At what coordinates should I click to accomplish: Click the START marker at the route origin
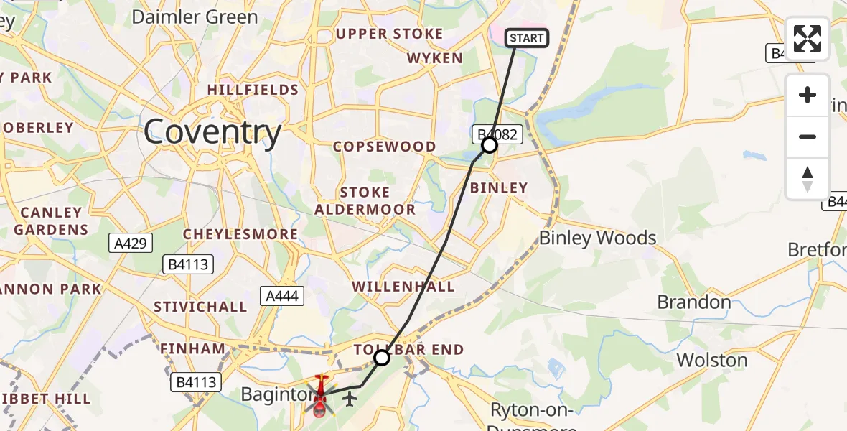(528, 38)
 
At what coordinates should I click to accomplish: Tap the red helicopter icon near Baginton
(320, 396)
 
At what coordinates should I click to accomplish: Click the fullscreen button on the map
(808, 39)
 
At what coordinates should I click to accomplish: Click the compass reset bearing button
(808, 179)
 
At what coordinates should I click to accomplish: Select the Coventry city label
(212, 132)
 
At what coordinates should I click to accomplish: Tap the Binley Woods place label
(597, 238)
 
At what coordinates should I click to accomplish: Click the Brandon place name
(693, 302)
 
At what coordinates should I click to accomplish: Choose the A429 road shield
(131, 244)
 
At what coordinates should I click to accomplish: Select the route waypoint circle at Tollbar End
(382, 357)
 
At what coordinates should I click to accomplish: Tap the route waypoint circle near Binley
(489, 146)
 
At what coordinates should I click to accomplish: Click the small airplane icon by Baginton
(350, 398)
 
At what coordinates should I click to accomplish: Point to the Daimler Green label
(195, 17)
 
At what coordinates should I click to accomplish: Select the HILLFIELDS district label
(253, 90)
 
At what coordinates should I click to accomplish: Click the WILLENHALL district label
(403, 287)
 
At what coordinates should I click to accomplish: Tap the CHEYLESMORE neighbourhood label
(240, 234)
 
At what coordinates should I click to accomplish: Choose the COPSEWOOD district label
(385, 147)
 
